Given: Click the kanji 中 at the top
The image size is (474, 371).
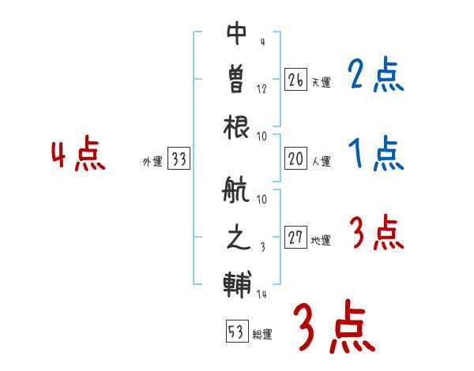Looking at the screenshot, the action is click(237, 34).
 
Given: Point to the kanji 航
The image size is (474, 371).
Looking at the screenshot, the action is click(237, 193).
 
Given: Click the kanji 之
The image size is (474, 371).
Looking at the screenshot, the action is click(237, 239).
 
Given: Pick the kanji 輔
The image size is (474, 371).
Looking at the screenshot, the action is click(237, 283).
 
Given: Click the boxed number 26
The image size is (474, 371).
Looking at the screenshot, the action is click(295, 80).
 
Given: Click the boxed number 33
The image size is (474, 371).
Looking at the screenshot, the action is click(178, 159).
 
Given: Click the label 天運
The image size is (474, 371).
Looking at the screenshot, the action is click(320, 82).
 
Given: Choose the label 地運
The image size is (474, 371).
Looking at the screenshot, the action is click(320, 241).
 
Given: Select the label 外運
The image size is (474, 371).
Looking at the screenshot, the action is click(152, 162).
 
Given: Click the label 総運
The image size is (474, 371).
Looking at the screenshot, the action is click(261, 334).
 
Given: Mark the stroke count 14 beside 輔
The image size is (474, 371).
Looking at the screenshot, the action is click(262, 294).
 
